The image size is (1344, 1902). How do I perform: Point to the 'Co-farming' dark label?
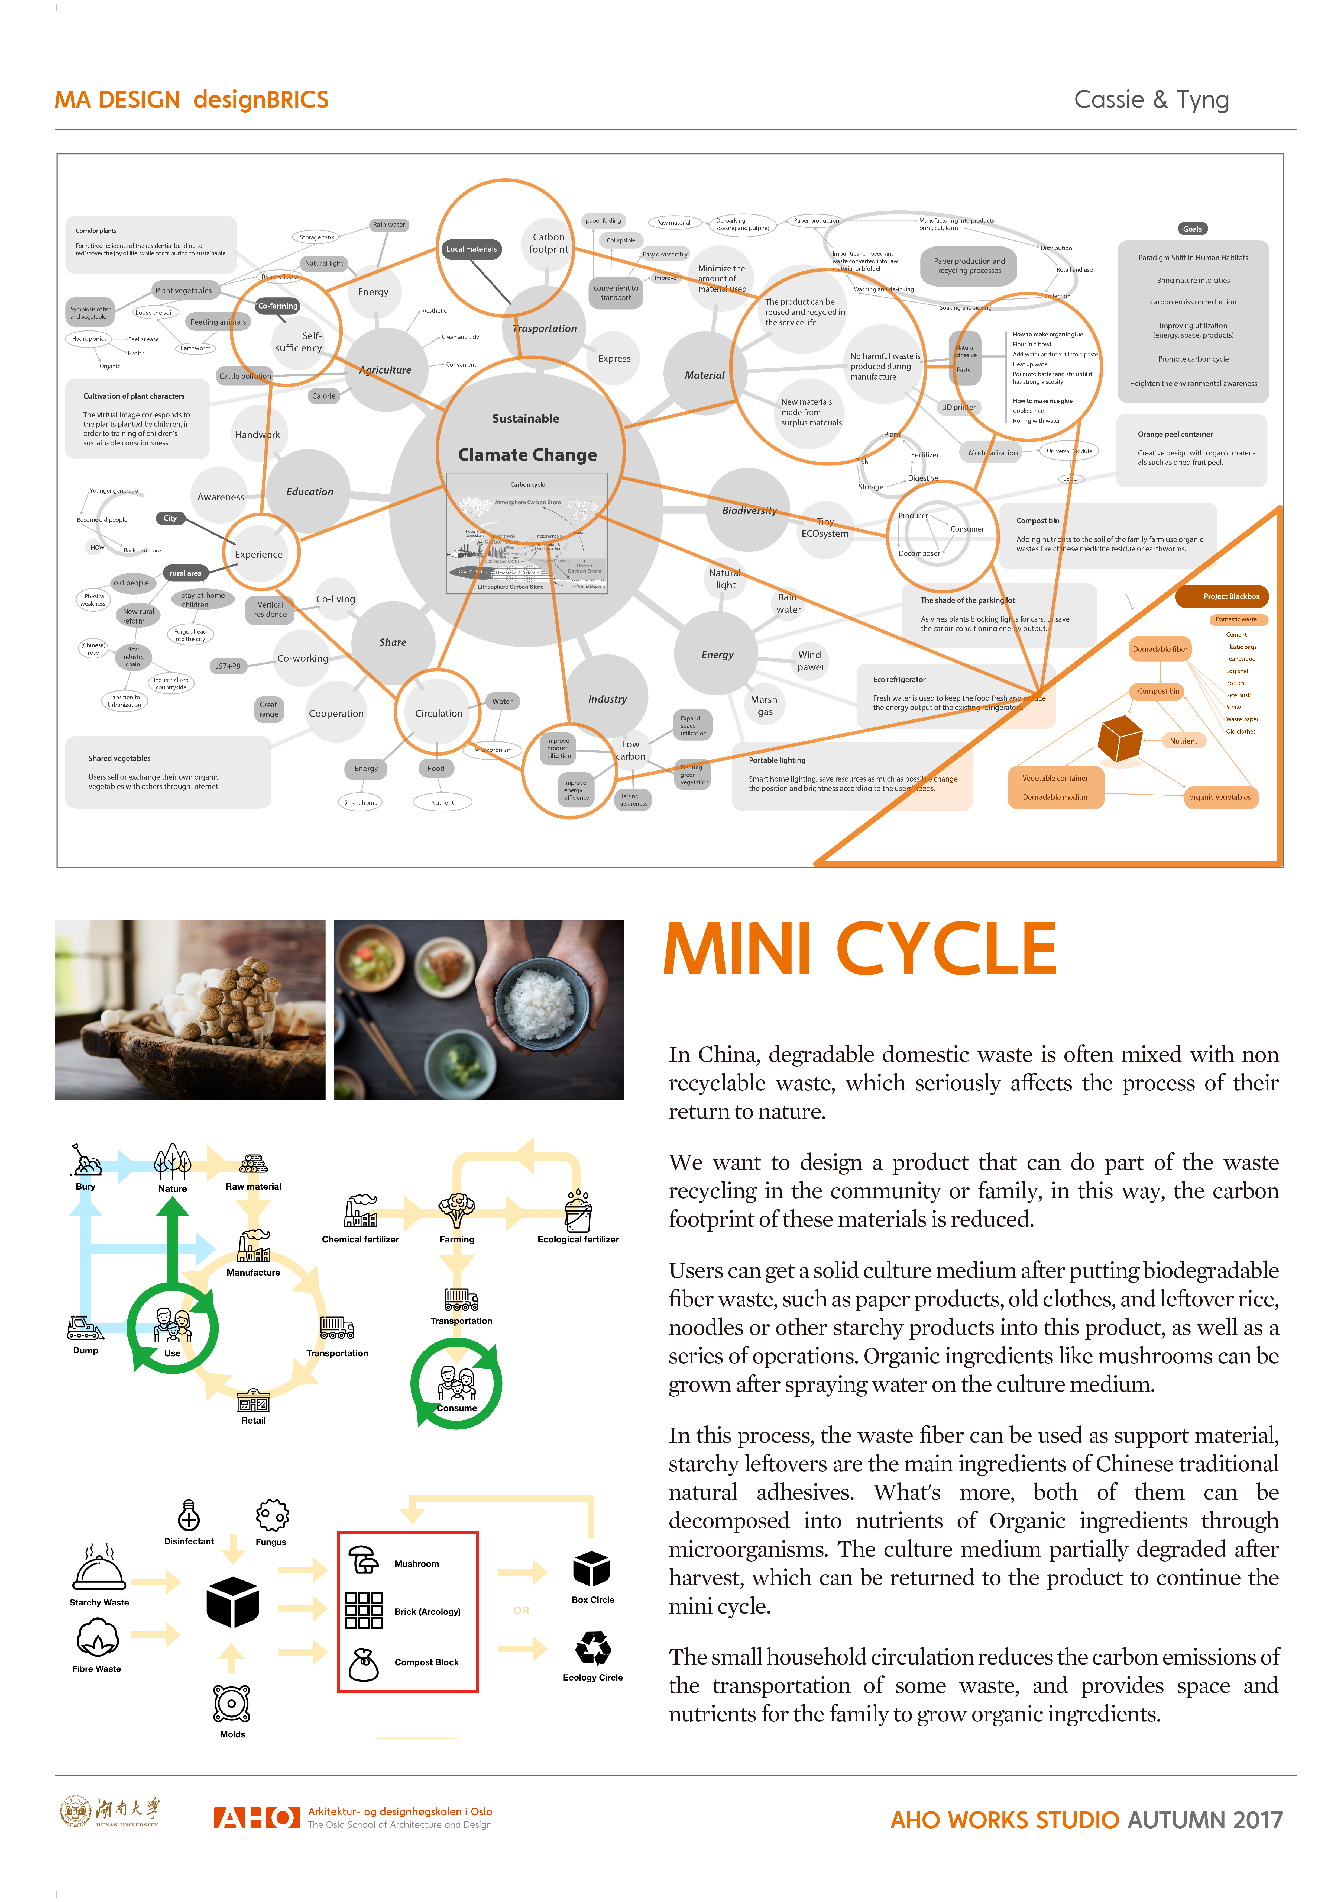pyautogui.click(x=277, y=306)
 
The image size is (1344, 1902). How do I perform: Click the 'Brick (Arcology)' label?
pyautogui.click(x=427, y=1611)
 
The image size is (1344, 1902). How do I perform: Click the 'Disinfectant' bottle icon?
pyautogui.click(x=189, y=1514)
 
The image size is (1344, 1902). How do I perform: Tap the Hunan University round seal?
pyautogui.click(x=75, y=1811)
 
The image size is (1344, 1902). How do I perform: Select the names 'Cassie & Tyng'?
pyautogui.click(x=1151, y=99)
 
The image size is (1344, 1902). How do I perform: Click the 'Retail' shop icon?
pyautogui.click(x=253, y=1400)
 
